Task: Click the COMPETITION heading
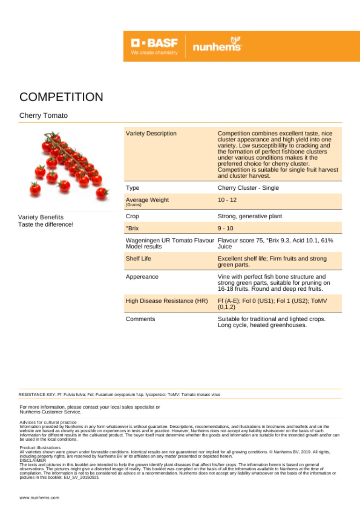[61, 97]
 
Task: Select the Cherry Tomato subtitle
[43, 116]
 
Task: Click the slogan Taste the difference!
[45, 224]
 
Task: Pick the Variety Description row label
[151, 133]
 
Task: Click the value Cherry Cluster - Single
[248, 188]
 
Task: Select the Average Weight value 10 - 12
[227, 200]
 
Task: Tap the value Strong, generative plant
[250, 216]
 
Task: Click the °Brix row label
[132, 228]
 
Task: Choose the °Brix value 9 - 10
[226, 228]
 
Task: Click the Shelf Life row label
[139, 258]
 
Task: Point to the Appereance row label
[142, 276]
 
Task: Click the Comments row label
[140, 319]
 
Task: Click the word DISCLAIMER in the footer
[33, 460]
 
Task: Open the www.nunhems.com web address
[39, 497]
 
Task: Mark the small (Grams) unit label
[133, 205]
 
